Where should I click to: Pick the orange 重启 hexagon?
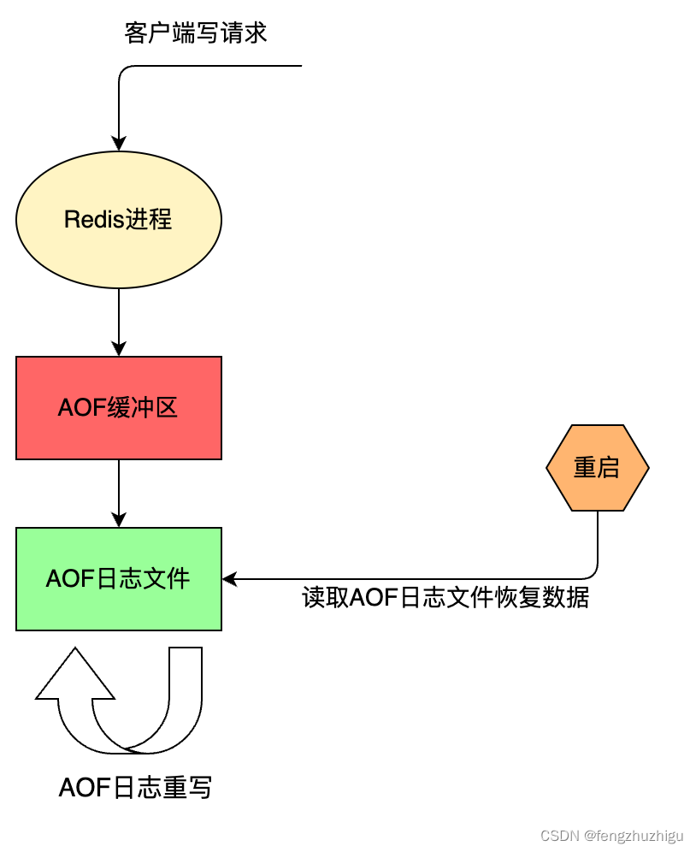click(597, 468)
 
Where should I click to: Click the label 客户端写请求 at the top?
click(196, 33)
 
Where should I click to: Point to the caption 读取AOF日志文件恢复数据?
click(445, 597)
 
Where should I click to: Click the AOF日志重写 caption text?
click(135, 787)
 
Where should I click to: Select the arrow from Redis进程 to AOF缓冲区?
click(119, 321)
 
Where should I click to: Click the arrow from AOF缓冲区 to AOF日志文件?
click(119, 492)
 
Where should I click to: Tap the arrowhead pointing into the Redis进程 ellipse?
click(119, 144)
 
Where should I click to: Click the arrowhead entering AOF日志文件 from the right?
click(230, 579)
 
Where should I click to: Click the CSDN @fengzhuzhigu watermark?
click(612, 835)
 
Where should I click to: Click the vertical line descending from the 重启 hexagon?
click(597, 539)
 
